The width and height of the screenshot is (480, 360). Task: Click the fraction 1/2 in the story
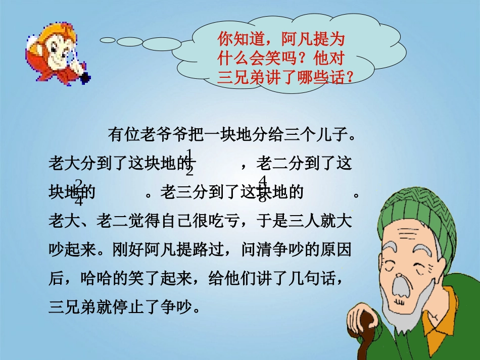tap(190, 163)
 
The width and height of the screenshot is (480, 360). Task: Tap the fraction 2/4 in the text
tap(79, 192)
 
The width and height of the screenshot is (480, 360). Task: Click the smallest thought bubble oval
tap(108, 40)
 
